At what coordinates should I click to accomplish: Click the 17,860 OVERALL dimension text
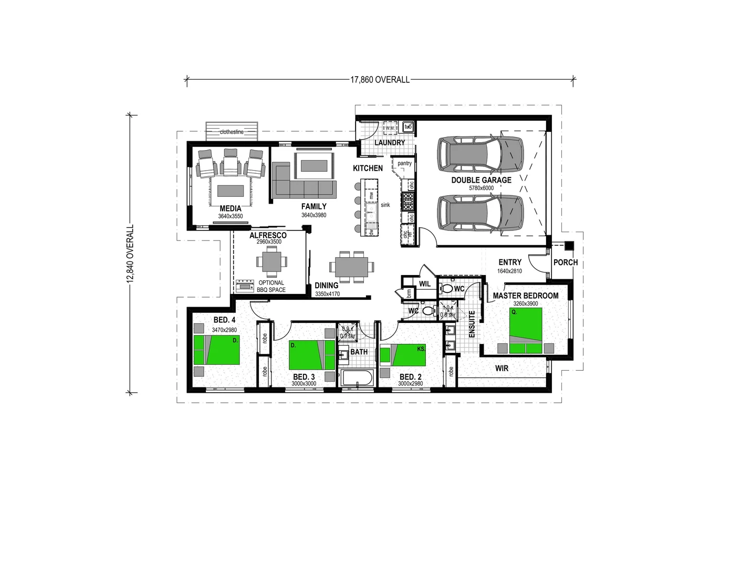click(x=380, y=80)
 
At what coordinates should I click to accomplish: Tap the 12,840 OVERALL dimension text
click(x=130, y=254)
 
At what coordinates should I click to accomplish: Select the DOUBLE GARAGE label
click(x=481, y=180)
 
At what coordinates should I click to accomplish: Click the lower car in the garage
click(x=480, y=213)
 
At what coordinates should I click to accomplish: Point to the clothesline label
click(x=232, y=132)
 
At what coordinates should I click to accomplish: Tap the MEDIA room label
click(x=230, y=208)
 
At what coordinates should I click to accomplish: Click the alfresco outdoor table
click(x=271, y=261)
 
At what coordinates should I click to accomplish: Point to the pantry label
click(x=404, y=163)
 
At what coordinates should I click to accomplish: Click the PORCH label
click(x=565, y=262)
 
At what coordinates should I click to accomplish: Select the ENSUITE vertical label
click(x=472, y=324)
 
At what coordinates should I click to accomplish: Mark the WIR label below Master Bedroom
click(x=501, y=369)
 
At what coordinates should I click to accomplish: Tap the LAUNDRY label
click(x=390, y=143)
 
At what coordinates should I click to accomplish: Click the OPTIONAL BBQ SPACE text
click(x=271, y=286)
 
